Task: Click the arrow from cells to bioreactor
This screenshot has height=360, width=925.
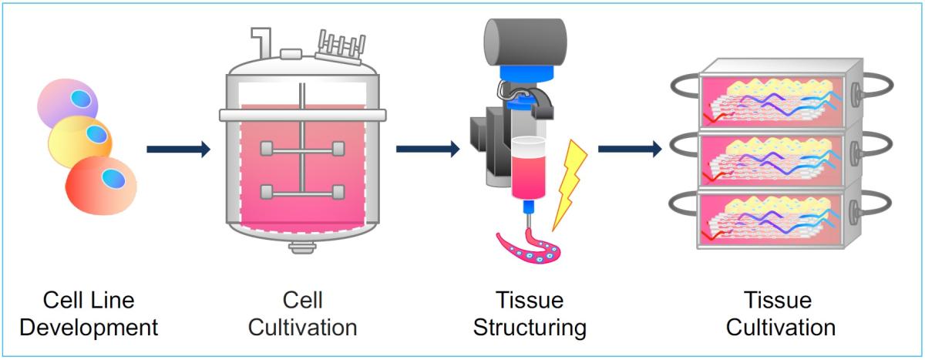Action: [x=178, y=149]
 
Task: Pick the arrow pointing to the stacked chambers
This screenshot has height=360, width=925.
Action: [x=629, y=149]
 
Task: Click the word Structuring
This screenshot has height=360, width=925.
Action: [x=530, y=328]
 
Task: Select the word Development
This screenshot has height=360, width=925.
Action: [x=89, y=328]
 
